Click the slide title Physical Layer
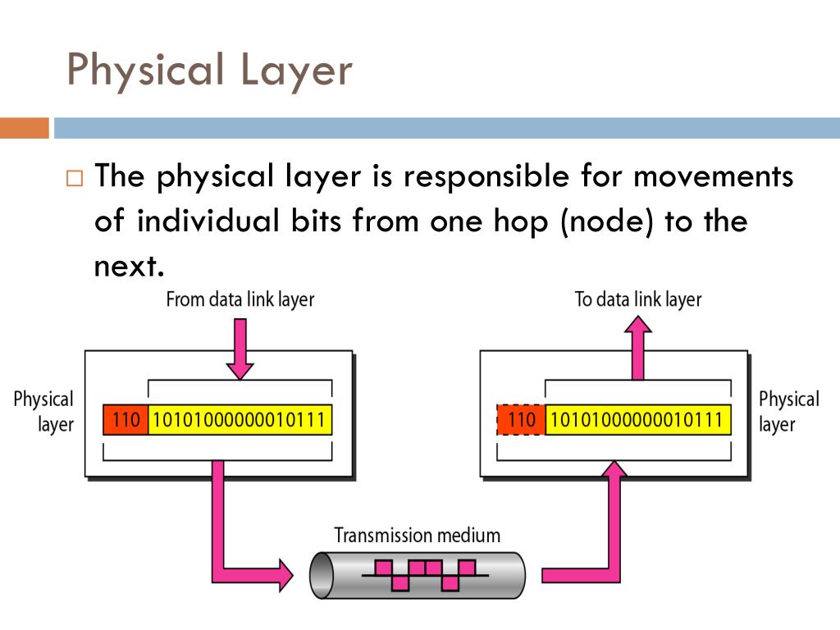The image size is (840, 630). tap(209, 71)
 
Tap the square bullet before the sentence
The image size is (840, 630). tap(75, 178)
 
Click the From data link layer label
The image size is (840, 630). tap(240, 299)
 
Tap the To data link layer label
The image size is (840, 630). tap(638, 299)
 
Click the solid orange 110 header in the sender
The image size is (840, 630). tap(126, 421)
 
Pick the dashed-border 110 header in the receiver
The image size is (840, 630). tap(522, 421)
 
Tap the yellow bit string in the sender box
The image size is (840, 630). tap(240, 421)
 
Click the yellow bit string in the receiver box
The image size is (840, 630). tap(637, 421)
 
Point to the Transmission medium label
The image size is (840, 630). tap(417, 536)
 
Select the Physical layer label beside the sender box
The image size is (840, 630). tap(43, 412)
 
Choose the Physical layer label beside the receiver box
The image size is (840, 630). tap(788, 412)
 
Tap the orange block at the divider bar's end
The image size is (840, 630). tap(24, 128)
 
